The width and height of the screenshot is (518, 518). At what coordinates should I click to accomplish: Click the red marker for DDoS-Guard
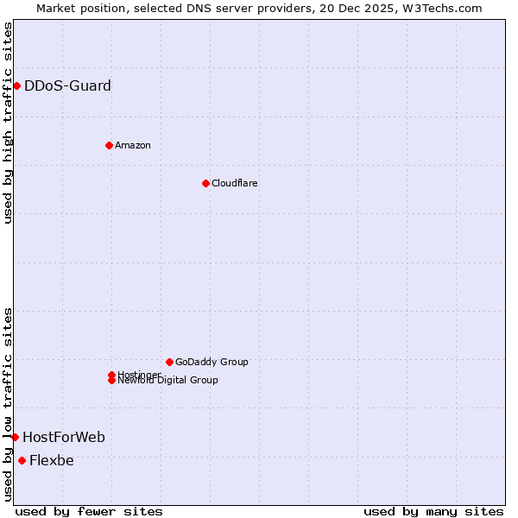coord(16,85)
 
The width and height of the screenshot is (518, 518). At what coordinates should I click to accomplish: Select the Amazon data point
coord(109,145)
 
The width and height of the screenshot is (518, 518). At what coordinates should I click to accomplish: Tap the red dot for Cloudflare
coord(205,183)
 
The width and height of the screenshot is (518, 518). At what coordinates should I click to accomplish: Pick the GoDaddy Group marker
coord(169,362)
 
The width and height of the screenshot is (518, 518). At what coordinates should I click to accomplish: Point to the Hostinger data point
coord(111,375)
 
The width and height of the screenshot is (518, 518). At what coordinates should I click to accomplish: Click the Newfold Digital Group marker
coord(111,380)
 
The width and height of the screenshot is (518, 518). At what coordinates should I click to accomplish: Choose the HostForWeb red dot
coord(15,437)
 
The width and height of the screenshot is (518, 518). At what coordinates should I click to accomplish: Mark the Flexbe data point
coord(22,460)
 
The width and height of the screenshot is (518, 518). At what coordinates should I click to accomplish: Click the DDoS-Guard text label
coord(67,85)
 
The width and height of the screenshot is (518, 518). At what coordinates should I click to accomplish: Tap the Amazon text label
coord(132,145)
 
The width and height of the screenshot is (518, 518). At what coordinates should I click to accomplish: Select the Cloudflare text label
coord(234,183)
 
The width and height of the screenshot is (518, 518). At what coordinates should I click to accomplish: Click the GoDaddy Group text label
coord(212,362)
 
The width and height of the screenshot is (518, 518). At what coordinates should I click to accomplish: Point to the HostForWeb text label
coord(64,437)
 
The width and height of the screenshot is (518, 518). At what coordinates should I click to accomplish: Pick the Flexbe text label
coord(52,460)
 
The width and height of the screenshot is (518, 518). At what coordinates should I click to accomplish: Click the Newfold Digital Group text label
coord(168,381)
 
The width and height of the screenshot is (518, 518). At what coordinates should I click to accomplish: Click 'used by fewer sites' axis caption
coord(89,511)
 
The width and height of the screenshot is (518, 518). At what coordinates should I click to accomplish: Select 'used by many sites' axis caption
coord(433,511)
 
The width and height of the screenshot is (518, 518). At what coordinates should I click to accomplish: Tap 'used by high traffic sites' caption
coord(8,123)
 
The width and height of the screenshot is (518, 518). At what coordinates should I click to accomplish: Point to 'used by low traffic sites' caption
coord(8,403)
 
